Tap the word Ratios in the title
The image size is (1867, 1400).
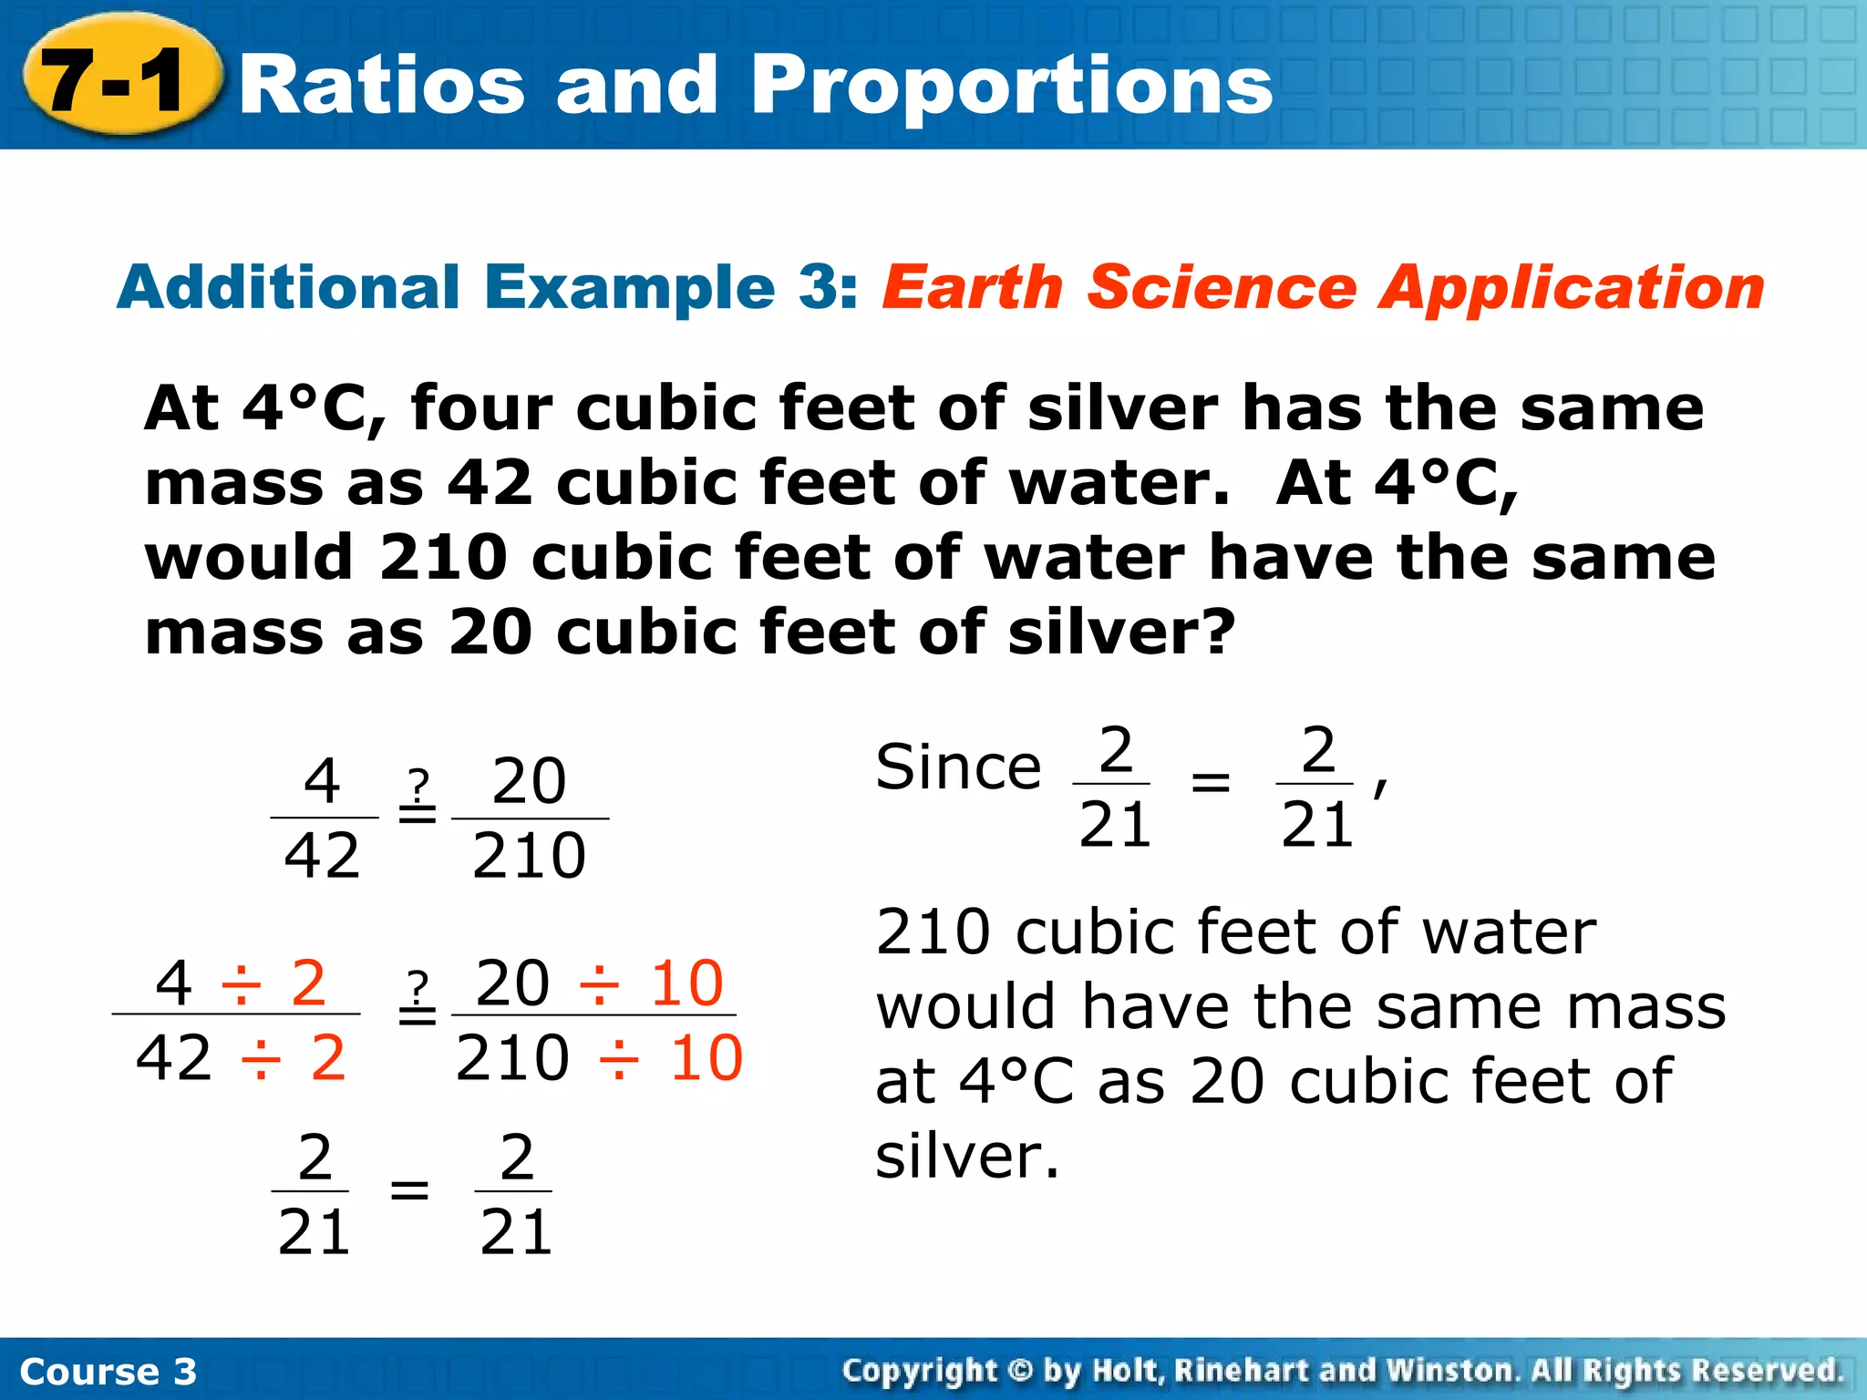pos(383,86)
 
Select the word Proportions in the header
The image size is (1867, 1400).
pos(1012,86)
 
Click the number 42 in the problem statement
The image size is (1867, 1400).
pos(490,483)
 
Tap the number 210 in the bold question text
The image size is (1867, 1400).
pos(443,558)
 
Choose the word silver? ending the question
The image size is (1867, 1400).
pos(1121,633)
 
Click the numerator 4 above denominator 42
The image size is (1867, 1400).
pos(322,782)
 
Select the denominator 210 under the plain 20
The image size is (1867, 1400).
pos(529,857)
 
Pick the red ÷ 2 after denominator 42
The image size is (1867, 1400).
pos(294,1059)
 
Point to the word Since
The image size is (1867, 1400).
pos(957,767)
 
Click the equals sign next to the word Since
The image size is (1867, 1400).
pos(1211,782)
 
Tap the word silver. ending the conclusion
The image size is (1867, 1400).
pos(968,1158)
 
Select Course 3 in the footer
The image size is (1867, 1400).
pos(108,1372)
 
